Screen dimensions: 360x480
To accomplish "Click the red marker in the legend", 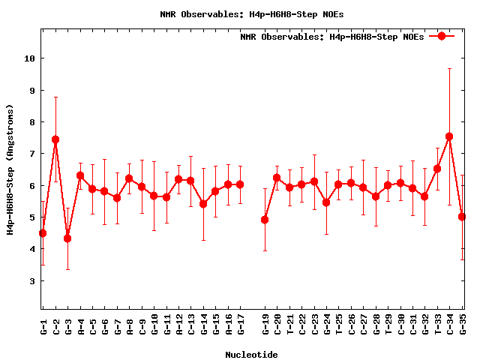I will tap(442, 36).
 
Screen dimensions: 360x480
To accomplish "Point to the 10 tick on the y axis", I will tap(31, 58).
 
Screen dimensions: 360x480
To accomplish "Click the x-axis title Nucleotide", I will tap(252, 355).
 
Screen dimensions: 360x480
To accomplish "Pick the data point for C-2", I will tap(55, 139).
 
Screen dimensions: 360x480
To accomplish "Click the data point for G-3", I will tap(67, 238).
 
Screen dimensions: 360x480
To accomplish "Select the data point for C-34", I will tap(449, 136).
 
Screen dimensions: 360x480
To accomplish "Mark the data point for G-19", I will tap(265, 220).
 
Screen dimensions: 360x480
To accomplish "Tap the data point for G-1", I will tap(43, 233).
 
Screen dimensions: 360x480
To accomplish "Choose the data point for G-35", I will tap(462, 217).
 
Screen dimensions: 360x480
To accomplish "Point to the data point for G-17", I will tap(240, 184).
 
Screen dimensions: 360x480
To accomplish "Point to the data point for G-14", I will tap(203, 204).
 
